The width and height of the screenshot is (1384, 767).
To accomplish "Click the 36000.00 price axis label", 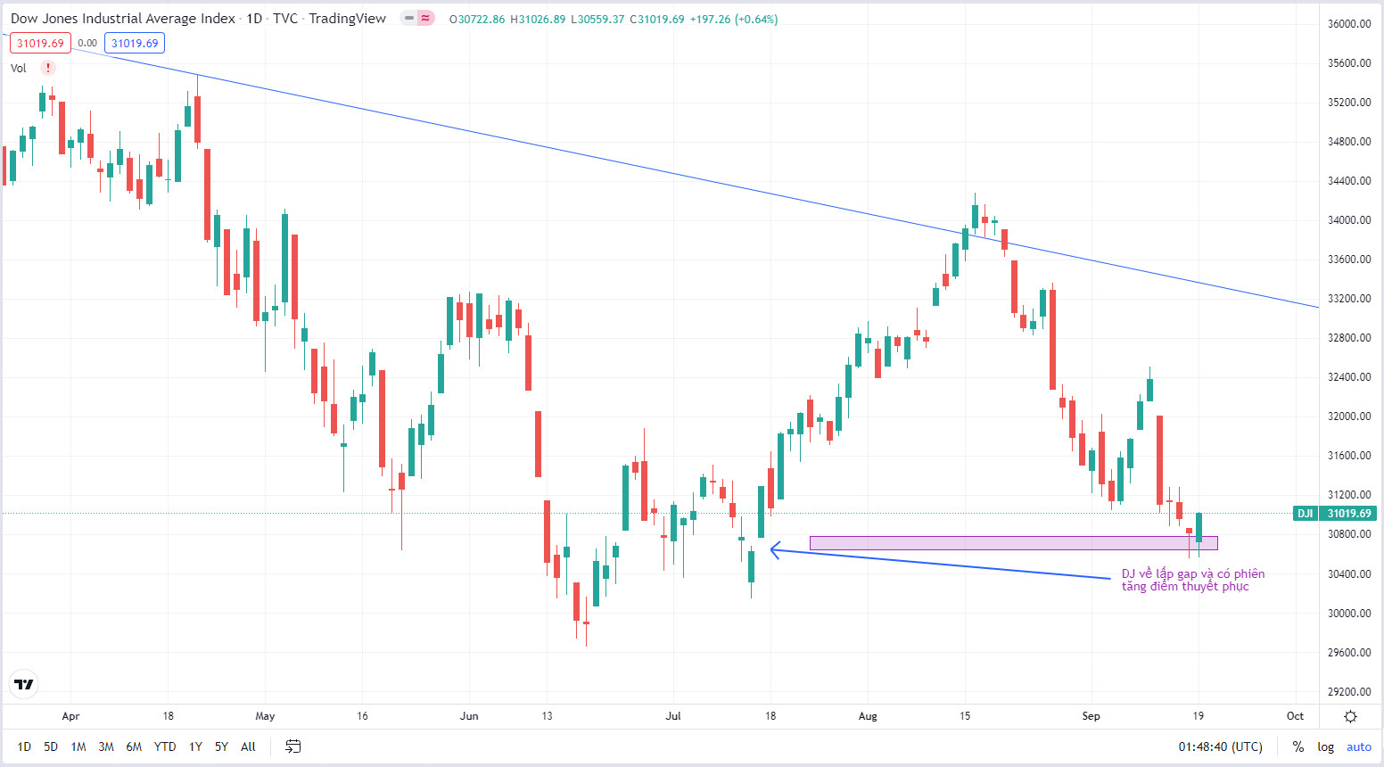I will [x=1349, y=24].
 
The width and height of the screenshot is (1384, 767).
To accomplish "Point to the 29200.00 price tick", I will [x=1349, y=692].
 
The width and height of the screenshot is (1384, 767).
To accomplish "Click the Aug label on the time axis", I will [x=868, y=716].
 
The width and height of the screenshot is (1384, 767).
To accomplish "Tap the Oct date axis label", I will [x=1295, y=716].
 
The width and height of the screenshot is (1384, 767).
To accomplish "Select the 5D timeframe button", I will [x=51, y=746].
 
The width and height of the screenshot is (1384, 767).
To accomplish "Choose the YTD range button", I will [x=165, y=746].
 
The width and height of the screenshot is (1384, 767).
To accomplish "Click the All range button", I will [x=248, y=746].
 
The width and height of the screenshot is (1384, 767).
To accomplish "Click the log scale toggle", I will [x=1326, y=747].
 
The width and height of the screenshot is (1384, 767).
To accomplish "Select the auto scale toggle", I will [x=1359, y=747].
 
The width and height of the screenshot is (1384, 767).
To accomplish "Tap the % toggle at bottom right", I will [x=1298, y=747].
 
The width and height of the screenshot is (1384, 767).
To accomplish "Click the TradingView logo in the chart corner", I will [x=24, y=684].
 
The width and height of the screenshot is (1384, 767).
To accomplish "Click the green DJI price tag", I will [x=1335, y=514].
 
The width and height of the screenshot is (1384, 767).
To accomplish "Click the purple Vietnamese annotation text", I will [x=1192, y=581].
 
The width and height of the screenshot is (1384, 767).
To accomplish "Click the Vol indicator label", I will [x=19, y=69].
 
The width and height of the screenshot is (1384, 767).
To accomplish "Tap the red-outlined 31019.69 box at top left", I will [x=40, y=44].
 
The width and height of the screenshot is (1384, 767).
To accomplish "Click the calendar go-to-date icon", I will [x=292, y=746].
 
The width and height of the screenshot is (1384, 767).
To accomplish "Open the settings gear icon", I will [x=1350, y=716].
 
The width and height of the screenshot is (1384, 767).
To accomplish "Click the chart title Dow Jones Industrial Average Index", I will [x=123, y=19].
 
